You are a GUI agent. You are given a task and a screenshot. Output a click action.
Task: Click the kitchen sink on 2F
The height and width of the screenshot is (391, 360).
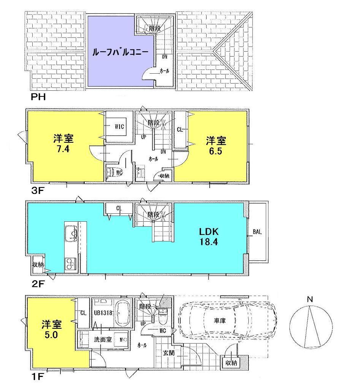(71, 232)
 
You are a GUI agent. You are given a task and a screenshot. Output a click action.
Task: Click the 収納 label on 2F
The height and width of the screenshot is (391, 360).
(38, 265)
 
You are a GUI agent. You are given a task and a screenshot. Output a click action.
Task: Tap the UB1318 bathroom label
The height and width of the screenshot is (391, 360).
(103, 313)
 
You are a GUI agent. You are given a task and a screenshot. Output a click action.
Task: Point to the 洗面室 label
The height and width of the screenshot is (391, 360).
(103, 340)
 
